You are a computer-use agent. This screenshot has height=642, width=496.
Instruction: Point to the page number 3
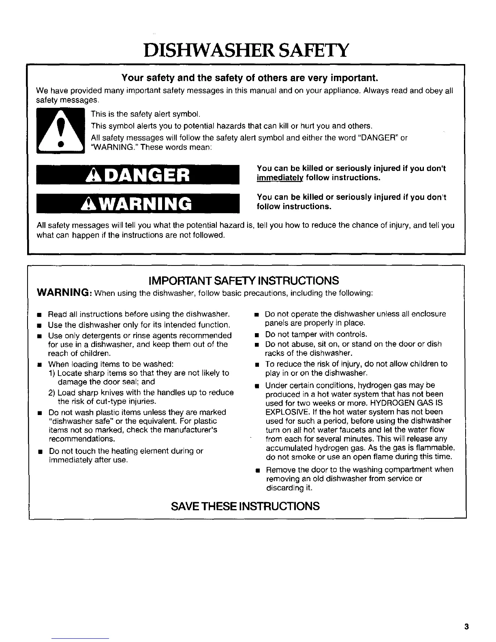tap(466, 627)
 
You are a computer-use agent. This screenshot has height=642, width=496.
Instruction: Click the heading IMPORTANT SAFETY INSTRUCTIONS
tap(244, 280)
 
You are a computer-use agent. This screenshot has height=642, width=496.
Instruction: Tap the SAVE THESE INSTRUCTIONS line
tap(246, 506)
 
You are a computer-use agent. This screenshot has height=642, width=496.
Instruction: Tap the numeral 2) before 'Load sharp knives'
tap(51, 393)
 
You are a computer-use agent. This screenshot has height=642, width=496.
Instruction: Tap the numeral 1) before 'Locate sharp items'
tap(51, 373)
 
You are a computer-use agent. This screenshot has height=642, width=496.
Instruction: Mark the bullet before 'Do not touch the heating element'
tap(40, 452)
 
